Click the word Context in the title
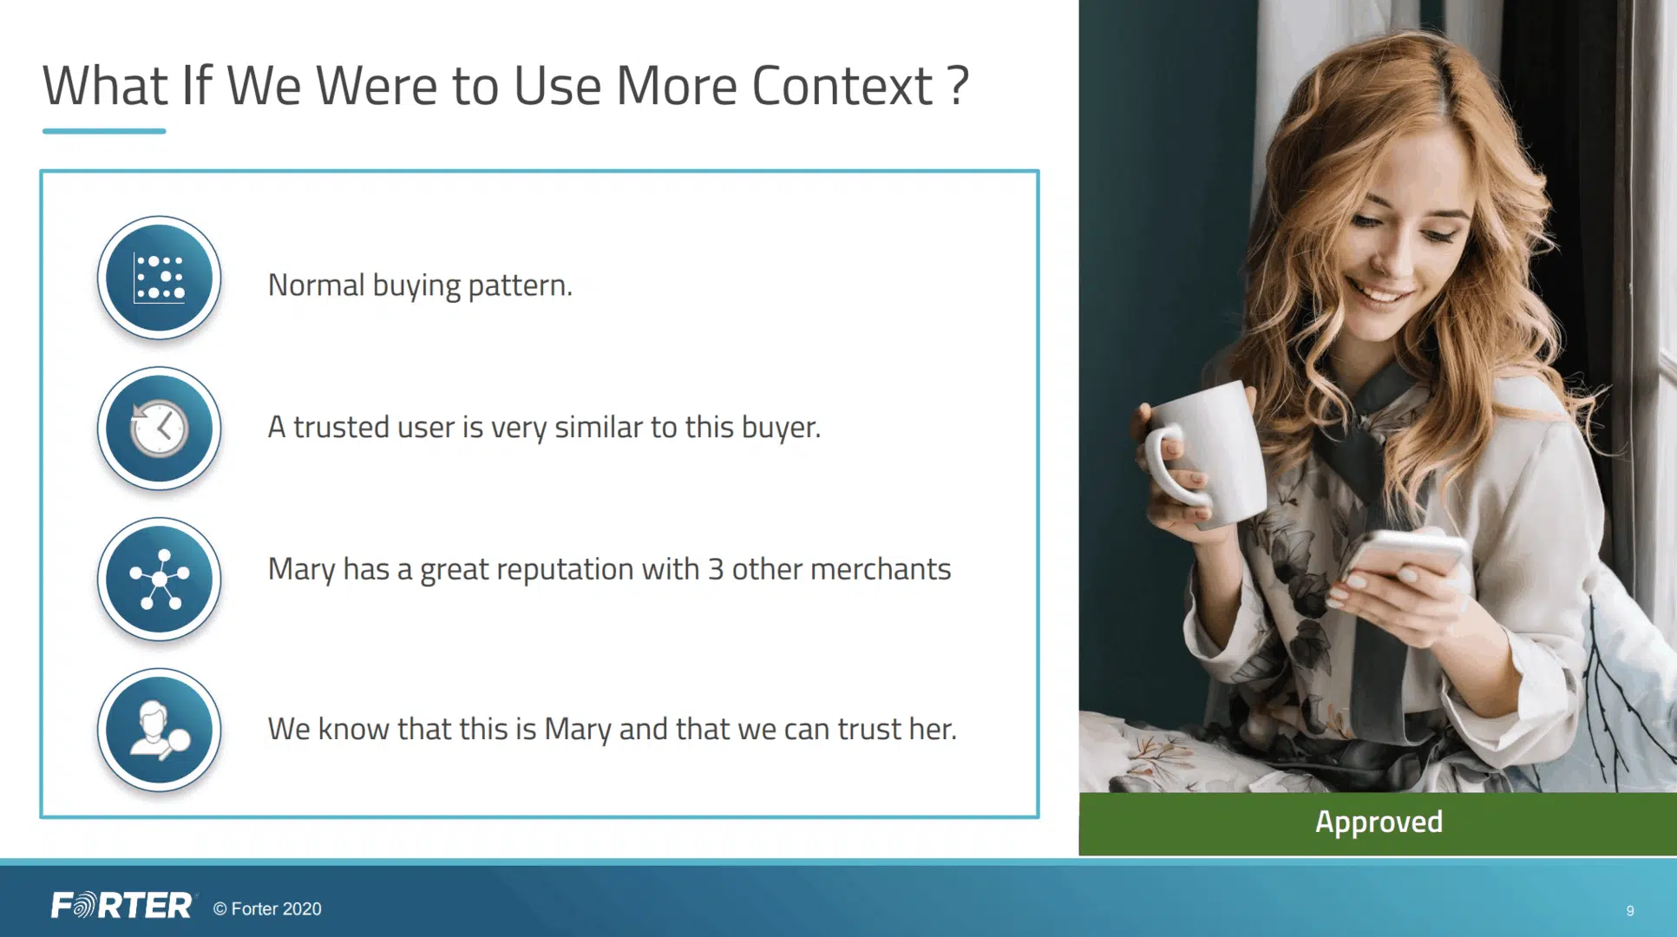(x=842, y=86)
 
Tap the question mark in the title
(x=958, y=86)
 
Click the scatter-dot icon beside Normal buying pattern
(x=159, y=278)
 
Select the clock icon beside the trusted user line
(x=159, y=429)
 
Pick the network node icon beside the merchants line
(x=159, y=579)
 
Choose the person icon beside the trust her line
(x=159, y=730)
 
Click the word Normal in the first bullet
(x=316, y=285)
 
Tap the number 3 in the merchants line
(x=716, y=569)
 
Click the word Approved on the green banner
(x=1379, y=822)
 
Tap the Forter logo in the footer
(x=121, y=906)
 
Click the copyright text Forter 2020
(x=267, y=908)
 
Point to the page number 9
(x=1630, y=911)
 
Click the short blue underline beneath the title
(x=104, y=131)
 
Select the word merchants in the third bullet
(x=881, y=569)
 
